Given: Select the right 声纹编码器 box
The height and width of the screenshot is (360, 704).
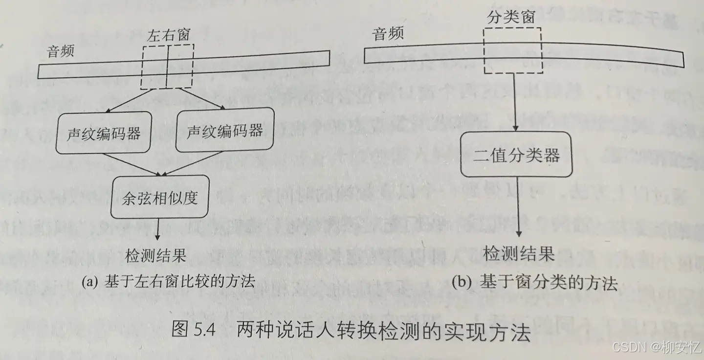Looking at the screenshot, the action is [224, 131].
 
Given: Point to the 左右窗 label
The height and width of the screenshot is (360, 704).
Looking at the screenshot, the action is [168, 35].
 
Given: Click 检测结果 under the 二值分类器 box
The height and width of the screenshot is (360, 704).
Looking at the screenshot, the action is [519, 253].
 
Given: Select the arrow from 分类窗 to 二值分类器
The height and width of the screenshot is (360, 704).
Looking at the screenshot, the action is [516, 103].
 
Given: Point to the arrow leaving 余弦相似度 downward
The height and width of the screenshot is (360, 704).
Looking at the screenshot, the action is [158, 229].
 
